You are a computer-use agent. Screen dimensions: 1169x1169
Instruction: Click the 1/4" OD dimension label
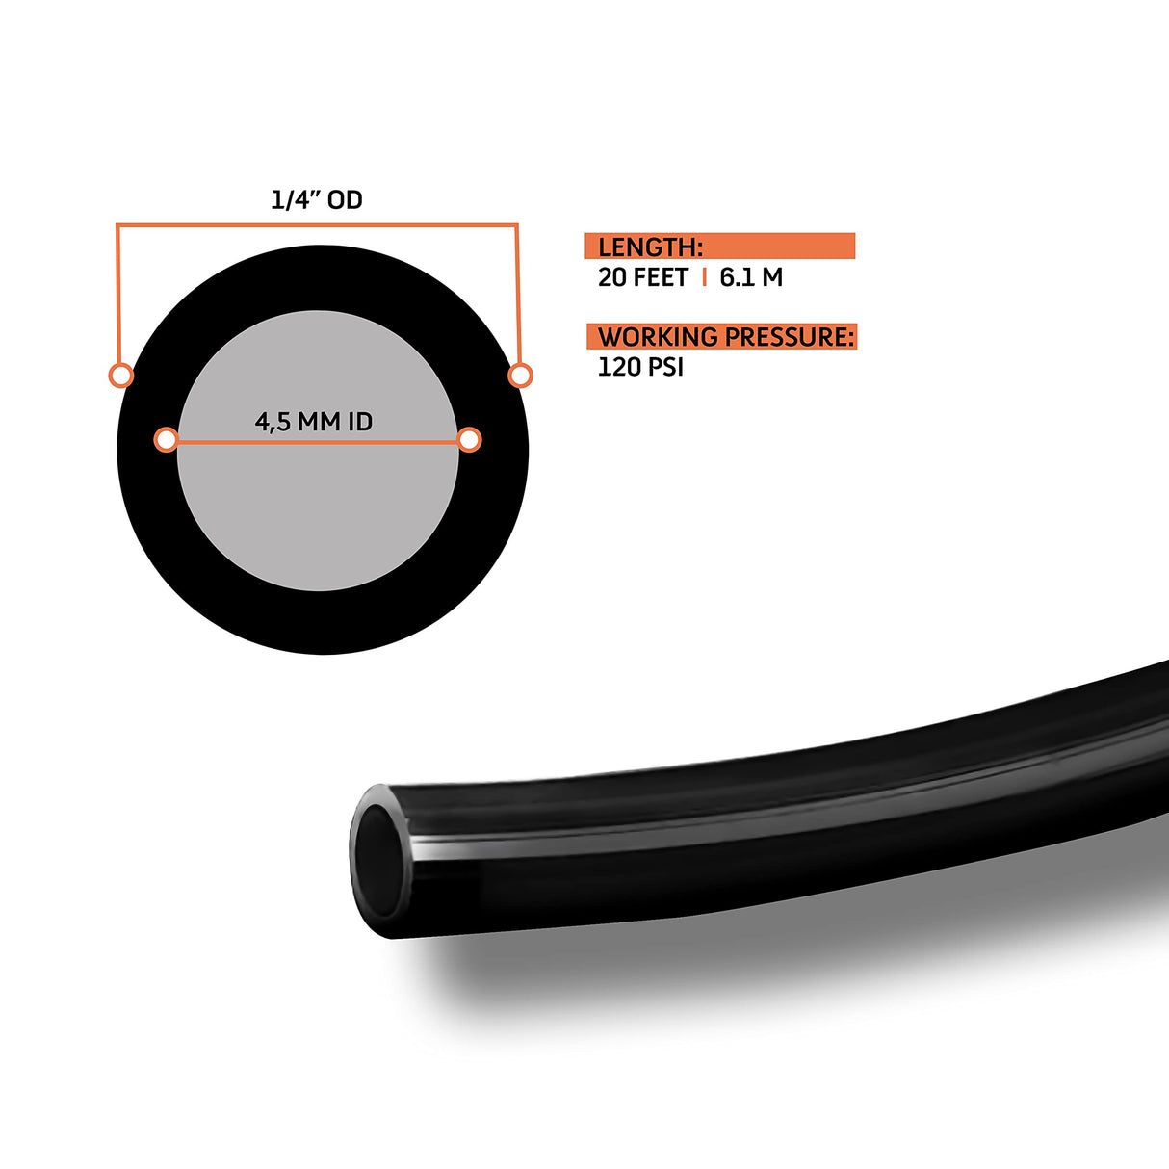316,199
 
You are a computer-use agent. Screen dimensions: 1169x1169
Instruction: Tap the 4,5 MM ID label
313,422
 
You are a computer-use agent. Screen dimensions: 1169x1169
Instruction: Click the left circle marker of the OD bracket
121,375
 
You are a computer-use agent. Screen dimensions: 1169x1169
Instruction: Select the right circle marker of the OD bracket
520,375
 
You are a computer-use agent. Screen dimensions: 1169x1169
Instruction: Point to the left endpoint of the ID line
167,440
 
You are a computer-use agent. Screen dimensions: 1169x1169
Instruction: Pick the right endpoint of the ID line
469,440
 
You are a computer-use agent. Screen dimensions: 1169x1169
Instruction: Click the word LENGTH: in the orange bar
650,247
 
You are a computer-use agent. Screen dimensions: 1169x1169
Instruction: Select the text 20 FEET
642,277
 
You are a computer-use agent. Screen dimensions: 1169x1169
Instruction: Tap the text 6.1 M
751,277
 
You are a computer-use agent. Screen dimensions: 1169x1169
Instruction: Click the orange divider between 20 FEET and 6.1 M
705,277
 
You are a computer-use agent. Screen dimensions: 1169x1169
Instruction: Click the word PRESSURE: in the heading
790,337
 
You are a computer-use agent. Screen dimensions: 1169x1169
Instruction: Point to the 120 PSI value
640,367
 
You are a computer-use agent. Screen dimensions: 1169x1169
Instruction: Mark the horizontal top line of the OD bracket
318,225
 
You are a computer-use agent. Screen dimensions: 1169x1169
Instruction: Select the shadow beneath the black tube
674,992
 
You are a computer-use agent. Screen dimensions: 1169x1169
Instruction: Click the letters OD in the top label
345,199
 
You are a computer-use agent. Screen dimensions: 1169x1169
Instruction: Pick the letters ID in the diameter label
358,422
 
